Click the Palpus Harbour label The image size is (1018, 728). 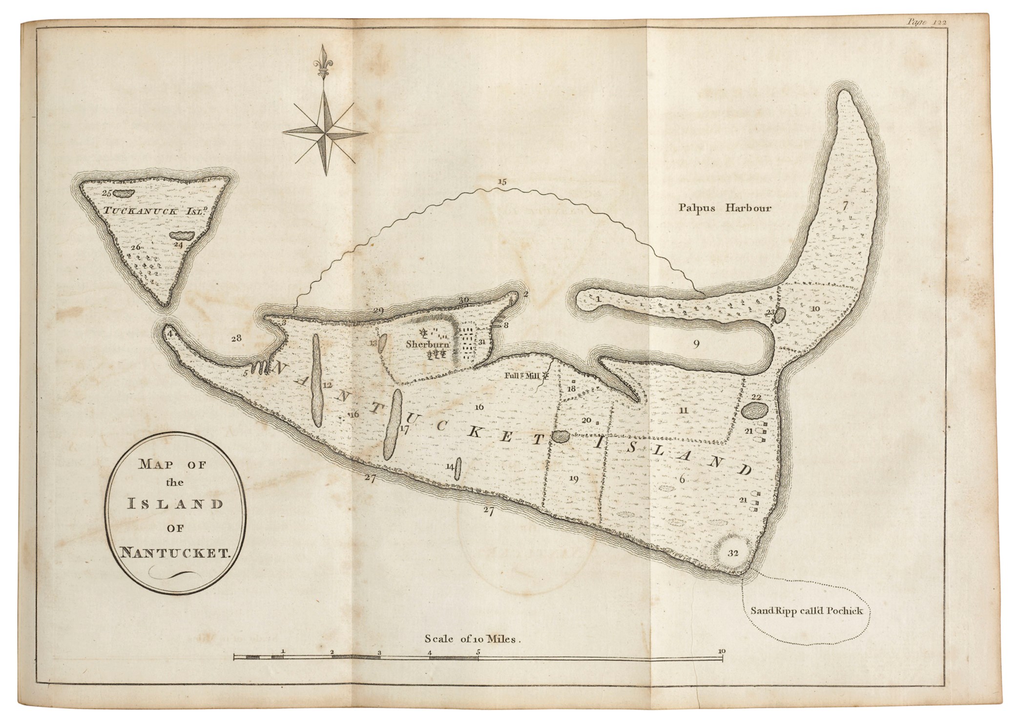(x=725, y=208)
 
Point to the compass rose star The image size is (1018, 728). (x=325, y=131)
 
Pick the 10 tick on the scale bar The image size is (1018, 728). (x=722, y=651)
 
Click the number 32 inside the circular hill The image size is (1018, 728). (x=732, y=553)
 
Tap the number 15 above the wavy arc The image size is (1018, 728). (x=502, y=182)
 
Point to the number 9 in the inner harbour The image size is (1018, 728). (x=696, y=344)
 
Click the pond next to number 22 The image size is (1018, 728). (x=754, y=412)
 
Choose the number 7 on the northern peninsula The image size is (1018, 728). (x=845, y=205)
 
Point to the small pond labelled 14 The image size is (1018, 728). (x=458, y=469)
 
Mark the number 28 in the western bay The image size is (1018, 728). (x=236, y=337)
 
